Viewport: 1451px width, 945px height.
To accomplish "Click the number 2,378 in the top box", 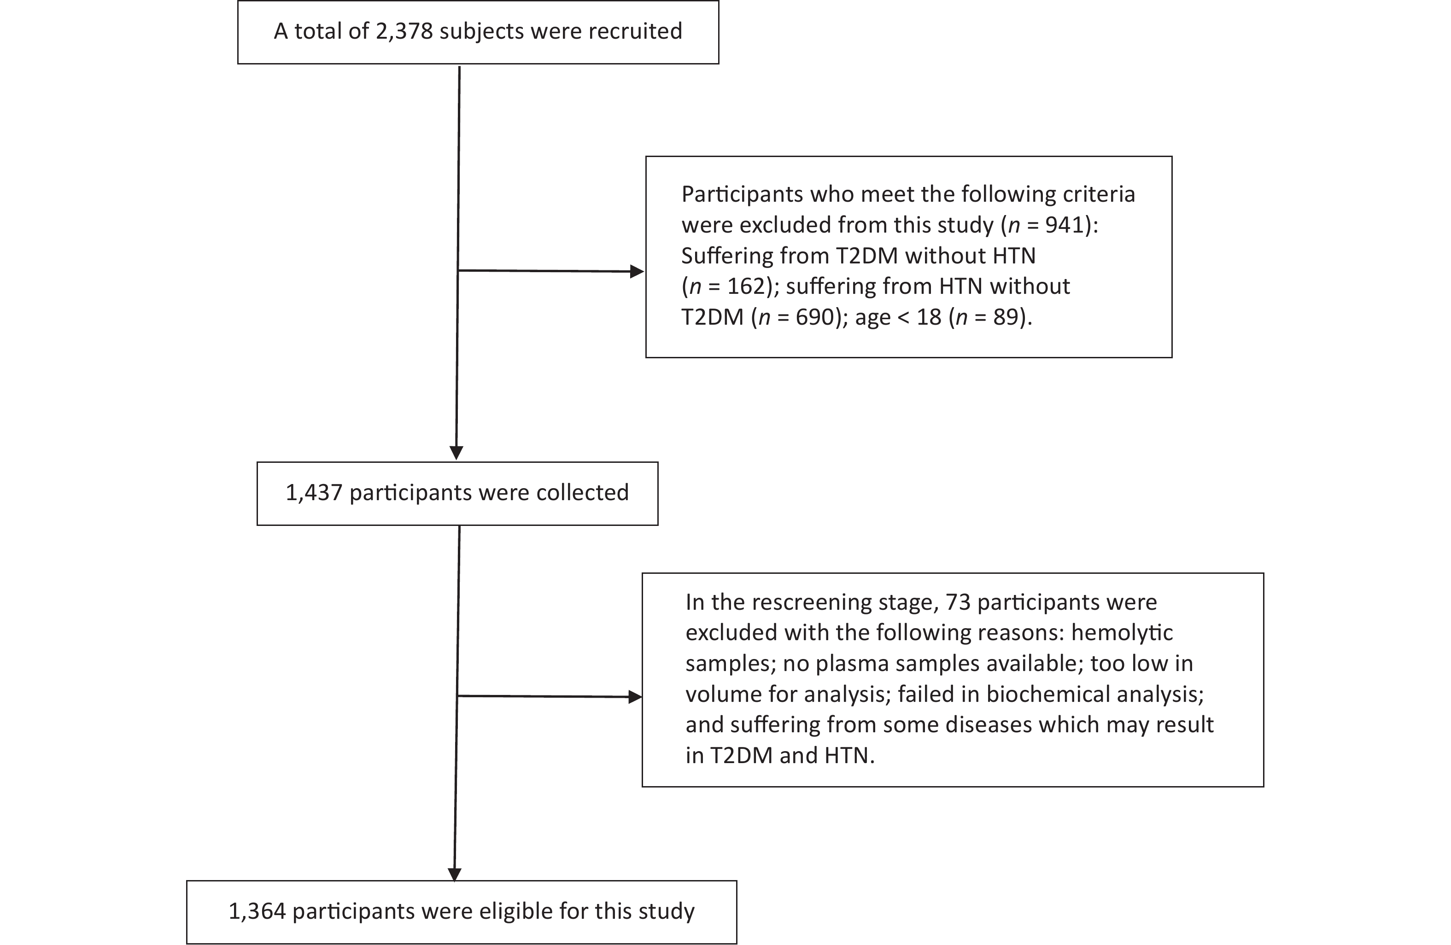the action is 403,32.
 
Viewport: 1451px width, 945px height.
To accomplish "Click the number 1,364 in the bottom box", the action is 257,911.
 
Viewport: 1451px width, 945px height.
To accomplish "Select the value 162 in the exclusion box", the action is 746,286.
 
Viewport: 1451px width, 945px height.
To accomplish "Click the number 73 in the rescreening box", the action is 958,602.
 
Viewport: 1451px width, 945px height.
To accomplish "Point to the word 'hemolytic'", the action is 1122,633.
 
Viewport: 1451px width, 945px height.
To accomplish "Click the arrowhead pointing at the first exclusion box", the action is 637,272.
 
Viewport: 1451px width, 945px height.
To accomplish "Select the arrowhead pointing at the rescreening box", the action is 635,697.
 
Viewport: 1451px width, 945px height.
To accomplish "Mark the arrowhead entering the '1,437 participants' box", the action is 456,453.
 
